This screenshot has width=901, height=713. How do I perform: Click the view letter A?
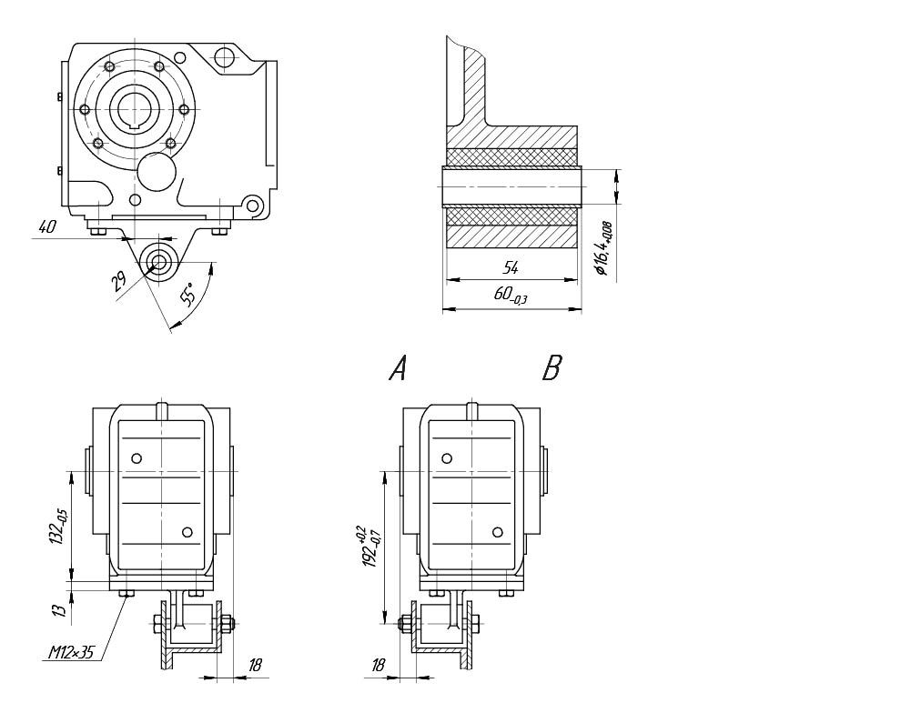click(398, 367)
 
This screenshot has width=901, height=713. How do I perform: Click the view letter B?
click(552, 367)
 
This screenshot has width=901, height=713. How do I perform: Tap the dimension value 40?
click(48, 227)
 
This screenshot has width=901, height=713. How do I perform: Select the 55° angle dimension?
click(187, 296)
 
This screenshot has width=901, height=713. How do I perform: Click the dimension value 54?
click(511, 267)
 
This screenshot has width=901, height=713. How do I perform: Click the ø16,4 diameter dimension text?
click(602, 246)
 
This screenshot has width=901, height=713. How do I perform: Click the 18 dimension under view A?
click(256, 666)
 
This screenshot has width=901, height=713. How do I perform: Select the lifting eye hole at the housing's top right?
click(224, 60)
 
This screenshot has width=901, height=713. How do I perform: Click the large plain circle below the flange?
click(156, 170)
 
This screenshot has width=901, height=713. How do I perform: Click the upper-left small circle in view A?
click(137, 457)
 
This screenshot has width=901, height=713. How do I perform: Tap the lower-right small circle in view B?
click(497, 531)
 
